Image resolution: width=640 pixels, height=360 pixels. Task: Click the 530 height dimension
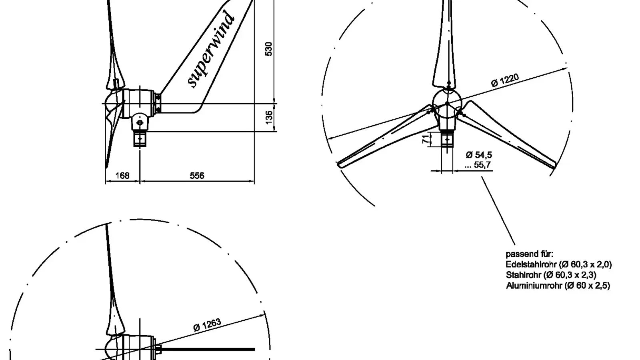[x=269, y=49]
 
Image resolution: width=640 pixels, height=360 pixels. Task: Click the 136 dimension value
[x=269, y=116]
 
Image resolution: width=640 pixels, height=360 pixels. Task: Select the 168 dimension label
[x=122, y=176]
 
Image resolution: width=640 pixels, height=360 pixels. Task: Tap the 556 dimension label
[x=197, y=176]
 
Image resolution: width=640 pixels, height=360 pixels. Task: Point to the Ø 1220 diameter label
[x=505, y=80]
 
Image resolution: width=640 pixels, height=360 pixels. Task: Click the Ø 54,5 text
[x=479, y=155]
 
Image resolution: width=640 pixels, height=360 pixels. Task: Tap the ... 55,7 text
[x=478, y=165]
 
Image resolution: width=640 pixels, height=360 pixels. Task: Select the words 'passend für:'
[x=529, y=254]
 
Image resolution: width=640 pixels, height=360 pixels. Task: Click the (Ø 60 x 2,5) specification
[x=588, y=286]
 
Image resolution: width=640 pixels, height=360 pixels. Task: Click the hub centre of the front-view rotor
[x=447, y=104]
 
